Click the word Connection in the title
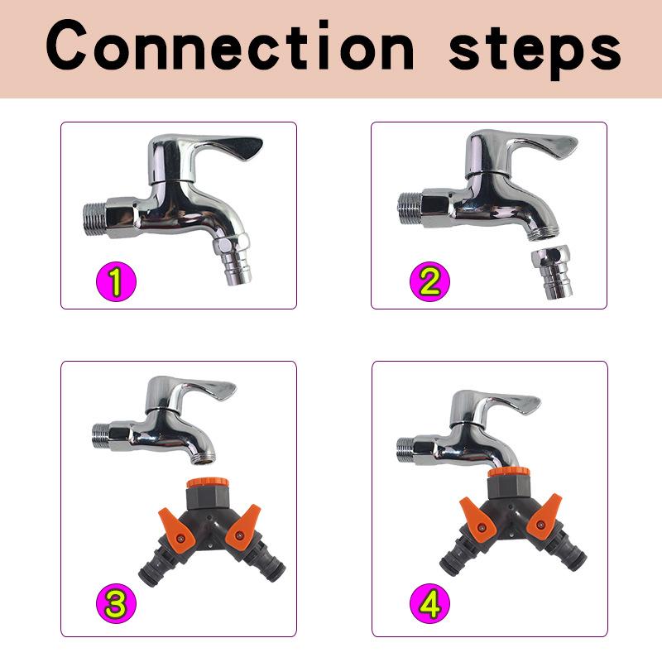click(232, 47)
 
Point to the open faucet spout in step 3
click(206, 452)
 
